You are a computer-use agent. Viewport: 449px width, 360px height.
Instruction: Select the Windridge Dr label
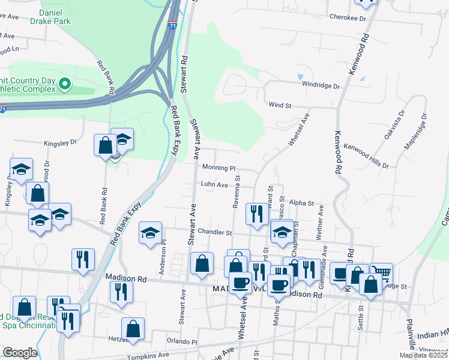coord(321,86)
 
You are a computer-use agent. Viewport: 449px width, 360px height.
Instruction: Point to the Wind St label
coord(280,105)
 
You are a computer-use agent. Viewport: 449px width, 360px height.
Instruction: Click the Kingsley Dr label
coord(60,143)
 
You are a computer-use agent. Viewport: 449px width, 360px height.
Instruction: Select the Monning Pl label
coord(218,168)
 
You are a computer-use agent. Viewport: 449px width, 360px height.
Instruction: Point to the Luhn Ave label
coord(214,185)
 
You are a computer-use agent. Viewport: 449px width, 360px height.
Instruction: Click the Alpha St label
coord(301,203)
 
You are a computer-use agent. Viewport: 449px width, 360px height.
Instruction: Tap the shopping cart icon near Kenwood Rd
coord(382,273)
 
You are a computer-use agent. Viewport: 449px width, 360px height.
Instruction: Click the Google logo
coord(20,352)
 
